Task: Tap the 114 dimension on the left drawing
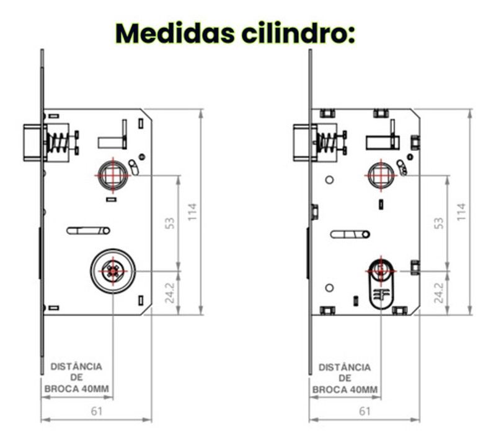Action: (193, 212)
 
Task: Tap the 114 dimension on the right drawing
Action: (461, 212)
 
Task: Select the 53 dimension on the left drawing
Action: (170, 223)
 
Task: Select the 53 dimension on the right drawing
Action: (438, 223)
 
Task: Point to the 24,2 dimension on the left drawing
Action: (170, 293)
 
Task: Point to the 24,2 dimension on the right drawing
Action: (438, 293)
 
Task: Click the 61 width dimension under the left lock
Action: (96, 410)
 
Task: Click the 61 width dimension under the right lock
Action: (365, 410)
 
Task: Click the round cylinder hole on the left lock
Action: (112, 270)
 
